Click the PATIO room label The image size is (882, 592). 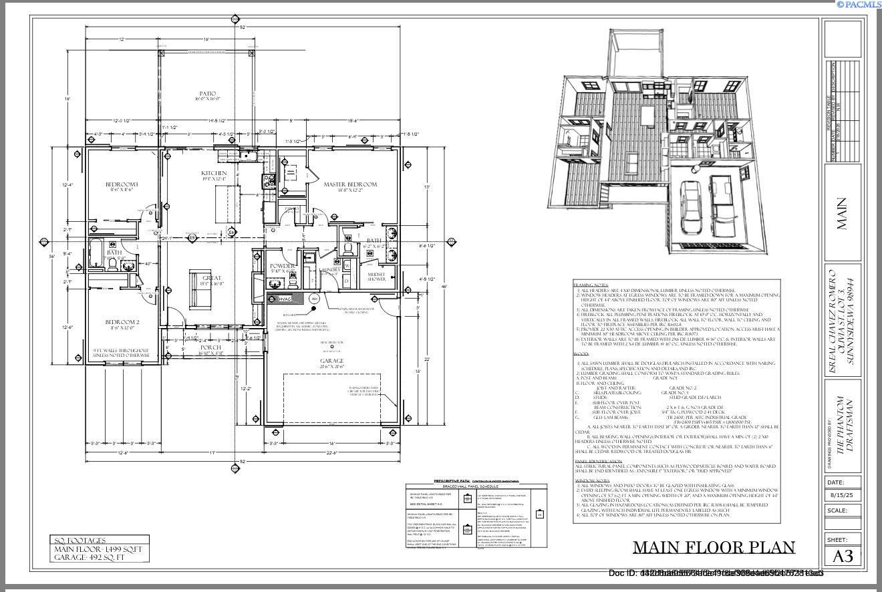click(x=207, y=94)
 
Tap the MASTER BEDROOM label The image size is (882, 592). click(x=350, y=184)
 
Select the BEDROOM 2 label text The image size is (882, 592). click(x=122, y=322)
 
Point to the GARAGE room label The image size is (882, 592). click(x=331, y=361)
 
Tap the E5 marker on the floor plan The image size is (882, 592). click(x=192, y=237)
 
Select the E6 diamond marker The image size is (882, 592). click(x=232, y=233)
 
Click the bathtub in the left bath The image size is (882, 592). click(x=94, y=253)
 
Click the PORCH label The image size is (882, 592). click(x=210, y=347)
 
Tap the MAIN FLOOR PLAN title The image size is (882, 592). click(x=714, y=548)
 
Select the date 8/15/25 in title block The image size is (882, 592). click(x=843, y=496)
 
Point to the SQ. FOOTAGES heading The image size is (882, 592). click(x=80, y=541)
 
